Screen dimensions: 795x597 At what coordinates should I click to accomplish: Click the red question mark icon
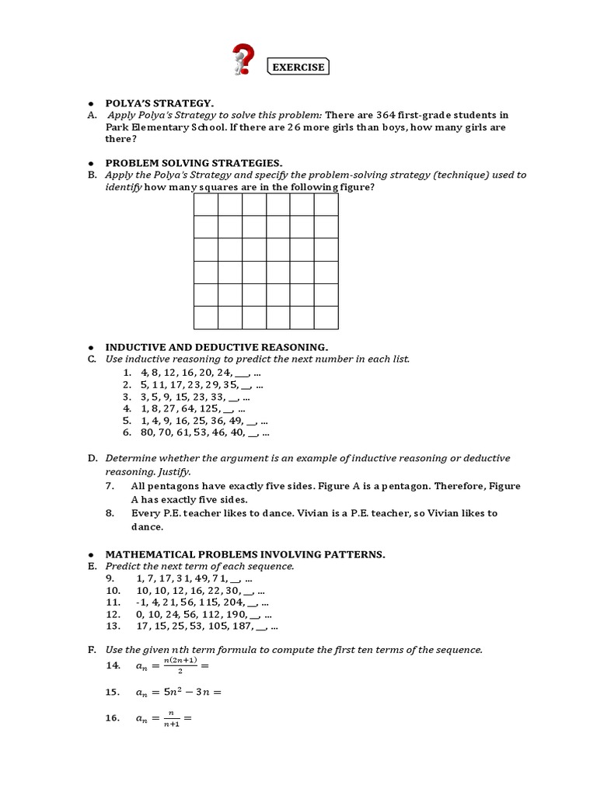click(243, 61)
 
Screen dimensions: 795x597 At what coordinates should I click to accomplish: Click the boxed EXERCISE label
click(298, 68)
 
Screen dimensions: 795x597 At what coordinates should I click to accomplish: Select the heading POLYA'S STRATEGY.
click(159, 102)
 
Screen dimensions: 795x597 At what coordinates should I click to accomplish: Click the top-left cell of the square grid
click(205, 204)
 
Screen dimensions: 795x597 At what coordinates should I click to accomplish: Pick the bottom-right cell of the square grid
click(326, 318)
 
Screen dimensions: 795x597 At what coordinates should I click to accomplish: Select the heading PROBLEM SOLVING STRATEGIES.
click(194, 163)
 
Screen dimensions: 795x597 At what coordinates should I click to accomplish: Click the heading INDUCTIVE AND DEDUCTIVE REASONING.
click(217, 347)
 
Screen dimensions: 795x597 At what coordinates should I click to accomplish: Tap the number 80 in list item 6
click(148, 433)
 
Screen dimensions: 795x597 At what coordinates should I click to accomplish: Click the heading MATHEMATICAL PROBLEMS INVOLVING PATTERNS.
click(246, 554)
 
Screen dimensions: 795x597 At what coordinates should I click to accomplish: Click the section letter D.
click(92, 459)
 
